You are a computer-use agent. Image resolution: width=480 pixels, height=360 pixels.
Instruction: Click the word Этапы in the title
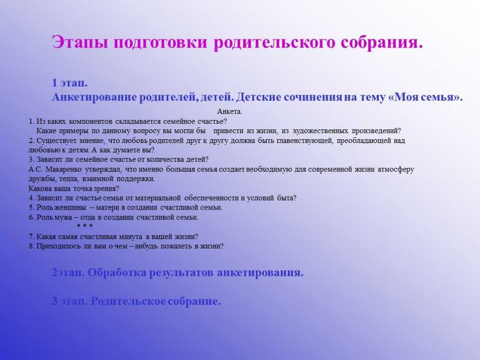pyautogui.click(x=80, y=42)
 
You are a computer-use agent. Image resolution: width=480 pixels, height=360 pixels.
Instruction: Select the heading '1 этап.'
pyautogui.click(x=70, y=82)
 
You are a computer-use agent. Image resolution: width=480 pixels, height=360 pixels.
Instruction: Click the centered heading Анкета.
pyautogui.click(x=230, y=112)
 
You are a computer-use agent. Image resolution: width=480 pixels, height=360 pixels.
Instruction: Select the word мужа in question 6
pyautogui.click(x=64, y=217)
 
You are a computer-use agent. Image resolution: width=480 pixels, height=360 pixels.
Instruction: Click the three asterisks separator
pyautogui.click(x=84, y=226)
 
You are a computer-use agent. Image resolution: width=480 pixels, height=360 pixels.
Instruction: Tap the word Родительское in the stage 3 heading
pyautogui.click(x=127, y=301)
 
